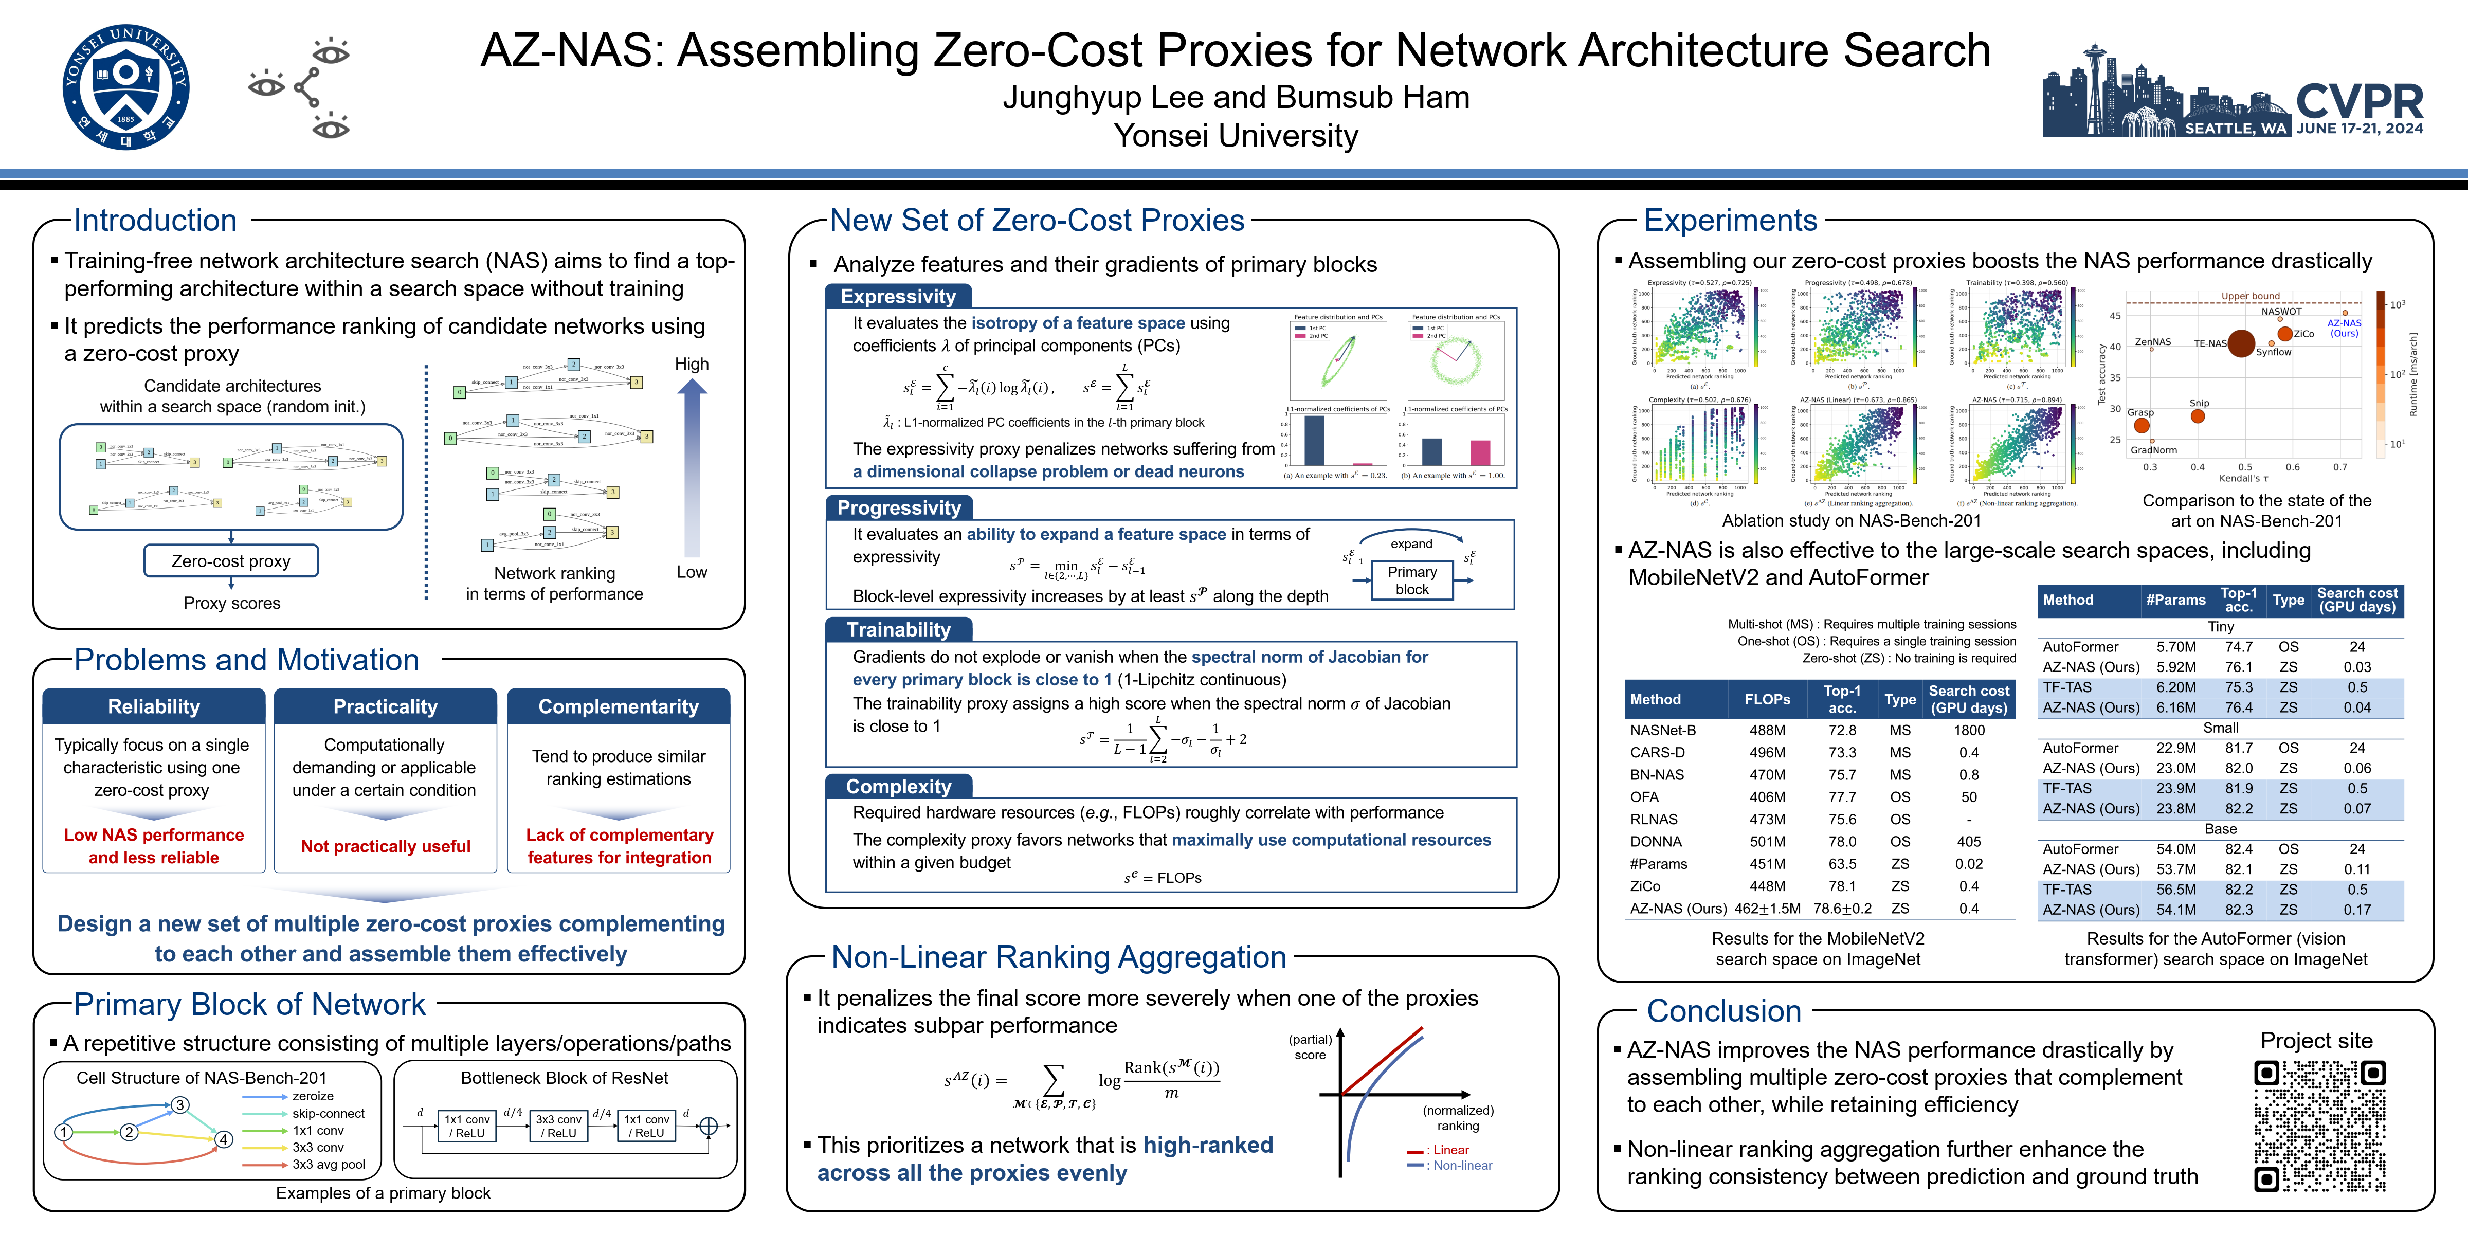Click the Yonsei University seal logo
click(x=125, y=87)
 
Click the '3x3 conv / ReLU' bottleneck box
click(x=558, y=1126)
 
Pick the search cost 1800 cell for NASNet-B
click(x=1969, y=730)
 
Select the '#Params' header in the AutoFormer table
click(x=2175, y=600)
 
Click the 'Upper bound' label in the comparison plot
click(x=2251, y=296)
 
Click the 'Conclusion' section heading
click(x=1723, y=1011)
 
